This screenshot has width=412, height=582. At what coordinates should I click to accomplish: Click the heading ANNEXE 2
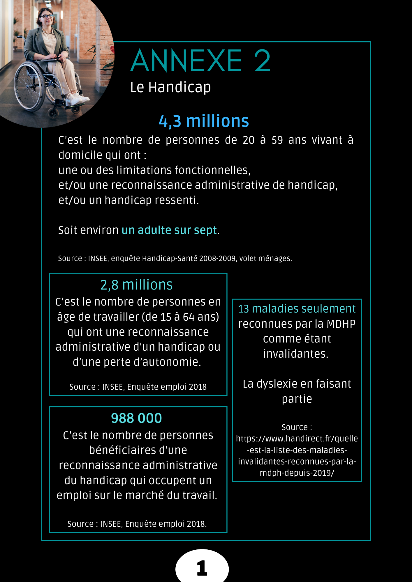pyautogui.click(x=200, y=61)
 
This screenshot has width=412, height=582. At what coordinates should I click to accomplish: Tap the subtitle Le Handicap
pyautogui.click(x=170, y=87)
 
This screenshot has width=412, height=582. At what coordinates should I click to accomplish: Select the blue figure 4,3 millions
pyautogui.click(x=204, y=121)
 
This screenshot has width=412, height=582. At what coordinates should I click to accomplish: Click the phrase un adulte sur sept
pyautogui.click(x=169, y=230)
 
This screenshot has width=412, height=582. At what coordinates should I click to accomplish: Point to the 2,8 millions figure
pyautogui.click(x=136, y=285)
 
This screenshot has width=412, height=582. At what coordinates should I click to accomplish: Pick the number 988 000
pyautogui.click(x=136, y=418)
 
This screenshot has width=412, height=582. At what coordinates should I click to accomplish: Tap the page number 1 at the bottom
pyautogui.click(x=202, y=568)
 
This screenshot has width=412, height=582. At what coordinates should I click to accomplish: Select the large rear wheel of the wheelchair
pyautogui.click(x=29, y=87)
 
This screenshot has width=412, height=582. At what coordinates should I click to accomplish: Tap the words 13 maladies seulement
pyautogui.click(x=297, y=309)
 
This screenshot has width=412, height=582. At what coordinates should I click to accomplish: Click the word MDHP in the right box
pyautogui.click(x=341, y=324)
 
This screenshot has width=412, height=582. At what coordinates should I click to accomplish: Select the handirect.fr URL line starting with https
pyautogui.click(x=297, y=439)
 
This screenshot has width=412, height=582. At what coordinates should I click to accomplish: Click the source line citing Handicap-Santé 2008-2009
pyautogui.click(x=175, y=258)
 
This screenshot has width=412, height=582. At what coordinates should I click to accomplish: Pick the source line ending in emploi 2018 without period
pyautogui.click(x=138, y=387)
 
